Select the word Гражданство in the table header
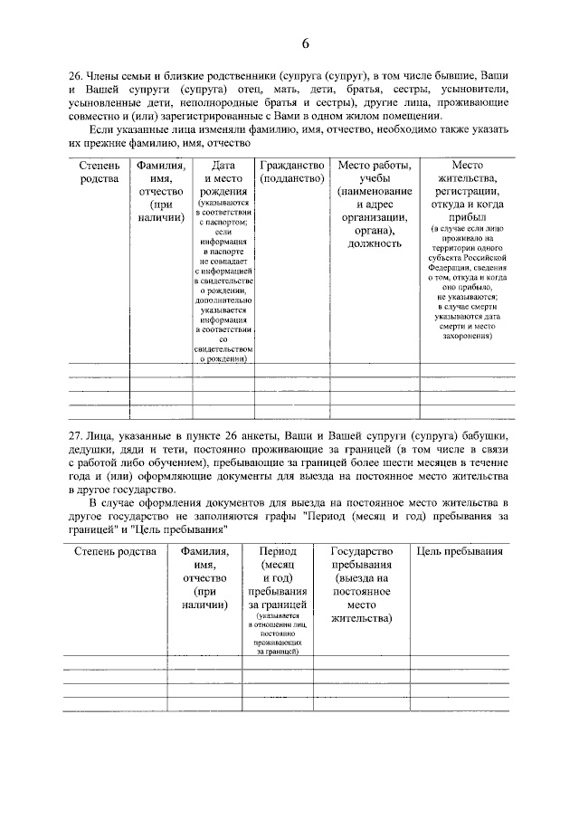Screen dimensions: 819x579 click(x=291, y=166)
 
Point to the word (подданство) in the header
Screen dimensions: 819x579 click(x=291, y=179)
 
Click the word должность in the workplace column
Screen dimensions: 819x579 click(x=374, y=243)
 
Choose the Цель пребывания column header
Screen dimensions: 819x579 click(x=460, y=551)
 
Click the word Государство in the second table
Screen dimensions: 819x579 click(x=361, y=551)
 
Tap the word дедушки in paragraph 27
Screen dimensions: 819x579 click(x=95, y=450)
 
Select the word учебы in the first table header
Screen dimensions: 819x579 click(x=374, y=179)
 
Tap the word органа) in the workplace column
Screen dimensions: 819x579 click(x=374, y=230)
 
